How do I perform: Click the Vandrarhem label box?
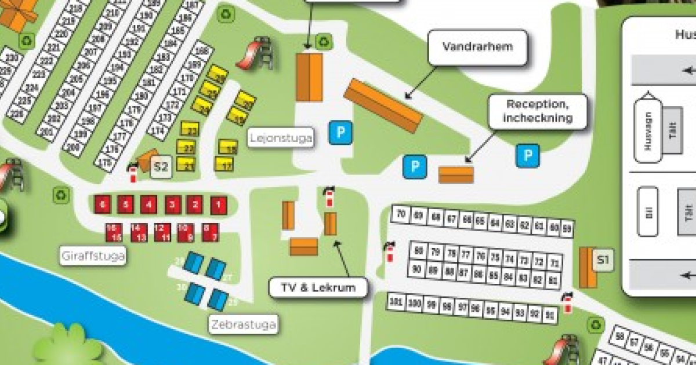point(478,47)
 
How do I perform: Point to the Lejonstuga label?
point(281,138)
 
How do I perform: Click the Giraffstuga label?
point(93,256)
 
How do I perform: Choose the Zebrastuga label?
point(242,324)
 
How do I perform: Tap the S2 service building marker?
point(161,168)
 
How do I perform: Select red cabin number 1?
point(218,205)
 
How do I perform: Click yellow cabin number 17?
point(227,166)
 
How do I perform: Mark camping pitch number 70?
point(401,214)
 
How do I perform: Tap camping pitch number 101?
point(396,301)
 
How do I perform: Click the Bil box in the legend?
point(647,211)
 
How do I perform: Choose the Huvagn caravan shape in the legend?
point(647,130)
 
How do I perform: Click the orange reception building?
point(456,175)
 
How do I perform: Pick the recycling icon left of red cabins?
point(61,195)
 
